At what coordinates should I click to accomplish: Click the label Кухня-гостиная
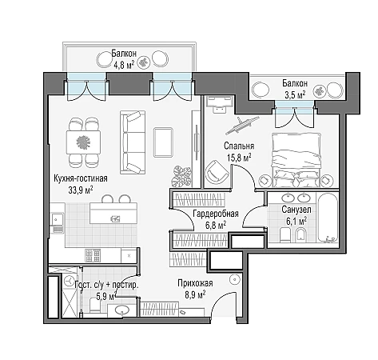pyautogui.click(x=81, y=178)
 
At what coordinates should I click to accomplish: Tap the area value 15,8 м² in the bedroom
pyautogui.click(x=239, y=158)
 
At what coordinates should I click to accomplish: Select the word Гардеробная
pyautogui.click(x=216, y=214)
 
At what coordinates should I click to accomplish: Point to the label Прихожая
pyautogui.click(x=195, y=283)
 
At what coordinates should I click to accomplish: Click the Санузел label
pyautogui.click(x=296, y=210)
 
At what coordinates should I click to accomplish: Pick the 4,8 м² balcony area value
pyautogui.click(x=124, y=65)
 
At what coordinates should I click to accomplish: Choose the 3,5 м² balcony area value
pyautogui.click(x=295, y=94)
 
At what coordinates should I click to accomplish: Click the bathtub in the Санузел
pyautogui.click(x=328, y=218)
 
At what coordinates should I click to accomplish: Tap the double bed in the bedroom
pyautogui.click(x=296, y=160)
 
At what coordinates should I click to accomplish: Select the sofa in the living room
pyautogui.click(x=133, y=142)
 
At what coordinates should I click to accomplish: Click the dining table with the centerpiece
pyautogui.click(x=83, y=142)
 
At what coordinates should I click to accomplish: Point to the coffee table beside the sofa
pyautogui.click(x=163, y=142)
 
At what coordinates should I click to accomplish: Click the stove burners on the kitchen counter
pyautogui.click(x=93, y=255)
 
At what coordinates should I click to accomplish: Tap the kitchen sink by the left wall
pyautogui.click(x=58, y=220)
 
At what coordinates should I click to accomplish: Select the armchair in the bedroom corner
pyautogui.click(x=217, y=172)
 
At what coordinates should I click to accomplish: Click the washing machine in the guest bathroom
pyautogui.click(x=70, y=281)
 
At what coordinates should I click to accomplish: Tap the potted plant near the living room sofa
pyautogui.click(x=181, y=177)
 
